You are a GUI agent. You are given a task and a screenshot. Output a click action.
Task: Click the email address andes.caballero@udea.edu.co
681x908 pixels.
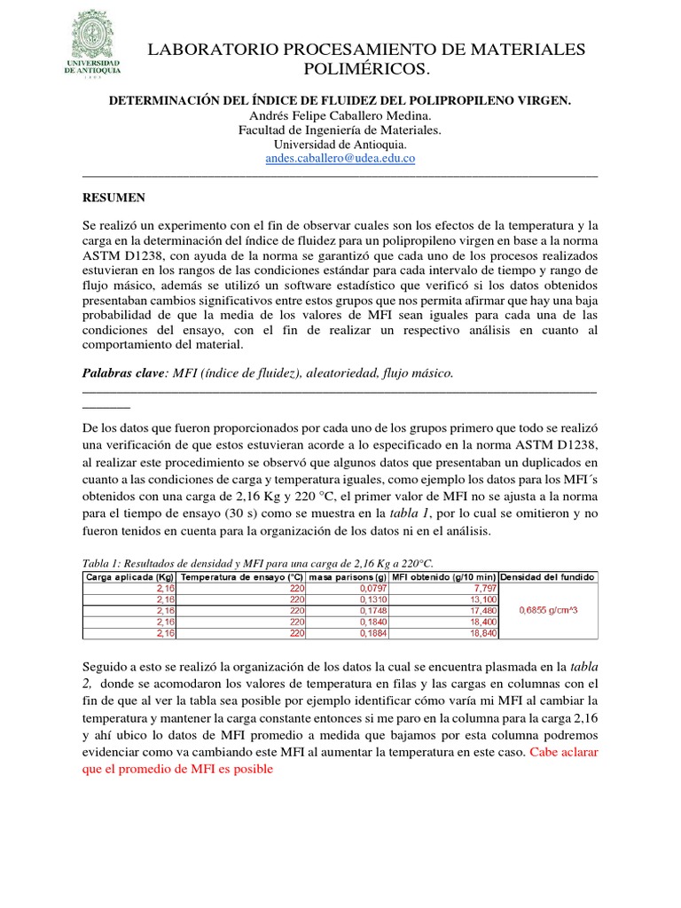pyautogui.click(x=340, y=159)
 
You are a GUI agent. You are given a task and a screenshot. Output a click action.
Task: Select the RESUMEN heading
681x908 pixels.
pyautogui.click(x=113, y=198)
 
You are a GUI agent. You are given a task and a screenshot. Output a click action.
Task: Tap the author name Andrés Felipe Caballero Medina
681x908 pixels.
pyautogui.click(x=340, y=116)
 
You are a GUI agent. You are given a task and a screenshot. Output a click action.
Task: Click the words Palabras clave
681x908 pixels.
pyautogui.click(x=122, y=374)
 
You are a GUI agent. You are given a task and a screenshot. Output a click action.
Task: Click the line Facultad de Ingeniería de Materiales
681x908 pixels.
pyautogui.click(x=340, y=130)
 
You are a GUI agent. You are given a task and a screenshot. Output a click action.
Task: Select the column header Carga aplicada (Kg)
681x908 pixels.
pyautogui.click(x=128, y=577)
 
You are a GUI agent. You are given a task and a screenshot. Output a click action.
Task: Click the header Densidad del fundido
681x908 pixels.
pyautogui.click(x=549, y=577)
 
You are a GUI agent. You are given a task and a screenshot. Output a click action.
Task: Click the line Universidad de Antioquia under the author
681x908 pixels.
pyautogui.click(x=340, y=145)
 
